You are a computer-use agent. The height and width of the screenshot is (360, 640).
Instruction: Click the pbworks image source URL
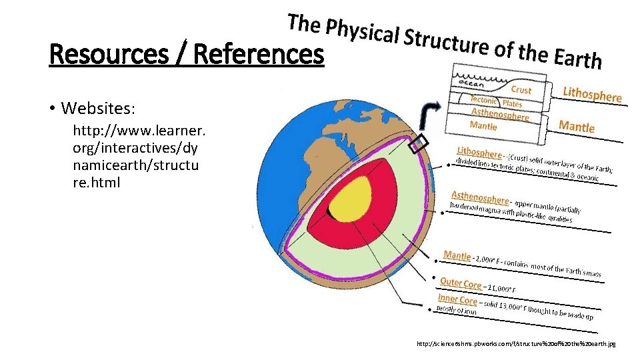tap(515, 344)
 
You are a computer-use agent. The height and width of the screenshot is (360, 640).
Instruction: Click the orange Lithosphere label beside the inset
tap(592, 93)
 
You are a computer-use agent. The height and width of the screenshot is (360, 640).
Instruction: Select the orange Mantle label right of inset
tap(577, 125)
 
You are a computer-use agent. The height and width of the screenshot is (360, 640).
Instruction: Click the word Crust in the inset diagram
tap(521, 89)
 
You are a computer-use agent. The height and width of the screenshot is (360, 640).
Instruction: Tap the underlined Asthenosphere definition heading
tap(479, 197)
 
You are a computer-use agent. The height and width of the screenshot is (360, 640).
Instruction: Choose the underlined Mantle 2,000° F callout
tap(457, 255)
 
